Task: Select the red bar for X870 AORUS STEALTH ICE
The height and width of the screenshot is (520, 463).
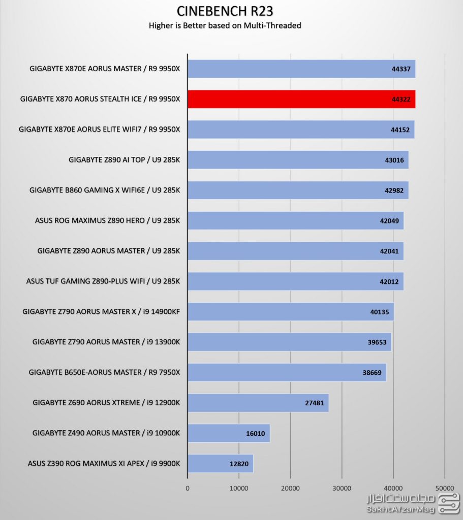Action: [x=301, y=99]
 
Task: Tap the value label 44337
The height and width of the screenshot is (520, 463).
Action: [x=401, y=69]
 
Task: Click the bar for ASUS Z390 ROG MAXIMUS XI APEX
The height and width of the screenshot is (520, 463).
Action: [x=220, y=463]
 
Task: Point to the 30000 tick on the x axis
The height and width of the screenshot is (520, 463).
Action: [x=342, y=488]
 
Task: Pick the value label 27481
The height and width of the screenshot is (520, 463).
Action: [x=315, y=403]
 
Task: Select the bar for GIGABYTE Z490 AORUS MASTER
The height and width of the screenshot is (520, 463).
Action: [x=228, y=433]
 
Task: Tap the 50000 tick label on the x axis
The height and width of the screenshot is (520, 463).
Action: [x=444, y=488]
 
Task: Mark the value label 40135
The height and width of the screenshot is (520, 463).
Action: [x=379, y=312]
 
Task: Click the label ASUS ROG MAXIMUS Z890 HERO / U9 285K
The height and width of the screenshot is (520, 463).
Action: [x=107, y=220]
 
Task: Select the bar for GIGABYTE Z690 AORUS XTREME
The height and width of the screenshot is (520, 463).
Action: [x=258, y=403]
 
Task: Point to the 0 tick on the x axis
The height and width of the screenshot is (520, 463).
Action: [x=188, y=488]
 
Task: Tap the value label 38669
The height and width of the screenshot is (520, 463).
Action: [x=372, y=372]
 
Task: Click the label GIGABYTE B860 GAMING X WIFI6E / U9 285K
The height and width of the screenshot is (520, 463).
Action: [x=105, y=190]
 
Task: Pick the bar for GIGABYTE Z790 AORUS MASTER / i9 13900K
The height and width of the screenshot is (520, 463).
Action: [x=289, y=342]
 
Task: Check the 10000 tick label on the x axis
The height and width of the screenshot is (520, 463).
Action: [x=239, y=488]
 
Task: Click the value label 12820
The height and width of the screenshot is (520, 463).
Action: [x=239, y=463]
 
